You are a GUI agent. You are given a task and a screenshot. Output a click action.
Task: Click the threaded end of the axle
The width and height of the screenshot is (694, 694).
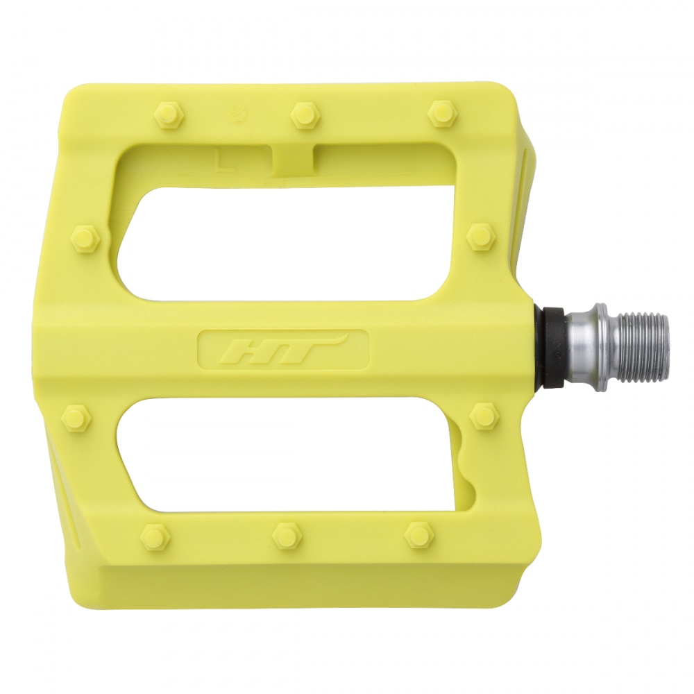tap(642, 347)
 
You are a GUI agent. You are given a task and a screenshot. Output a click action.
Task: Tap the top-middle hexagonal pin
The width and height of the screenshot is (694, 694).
tap(304, 115)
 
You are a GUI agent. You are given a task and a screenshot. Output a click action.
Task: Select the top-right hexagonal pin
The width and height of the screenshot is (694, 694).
tap(441, 113)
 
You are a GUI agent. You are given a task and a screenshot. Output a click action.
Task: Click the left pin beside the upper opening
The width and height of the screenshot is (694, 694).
tap(86, 239)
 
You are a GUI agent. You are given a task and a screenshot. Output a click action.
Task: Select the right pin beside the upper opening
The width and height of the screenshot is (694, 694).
tap(480, 237)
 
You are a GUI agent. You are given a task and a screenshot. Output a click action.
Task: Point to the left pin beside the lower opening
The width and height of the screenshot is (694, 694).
tap(76, 418)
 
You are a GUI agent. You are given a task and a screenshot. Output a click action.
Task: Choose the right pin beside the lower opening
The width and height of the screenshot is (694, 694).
tap(484, 416)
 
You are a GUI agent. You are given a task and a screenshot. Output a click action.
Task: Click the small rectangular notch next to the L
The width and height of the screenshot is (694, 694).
tap(292, 161)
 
